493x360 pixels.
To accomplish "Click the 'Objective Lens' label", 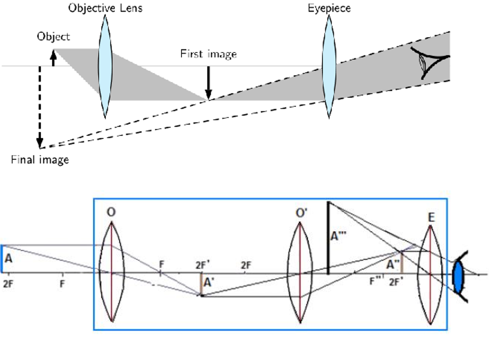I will coord(105,8).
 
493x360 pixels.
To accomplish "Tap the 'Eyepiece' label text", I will coord(329,8).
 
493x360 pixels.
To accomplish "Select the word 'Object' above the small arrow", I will coord(53,37).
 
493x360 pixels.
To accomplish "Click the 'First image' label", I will coord(208,53).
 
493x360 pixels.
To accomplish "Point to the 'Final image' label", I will coord(40,160).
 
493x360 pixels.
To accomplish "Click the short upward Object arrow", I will coord(53,58).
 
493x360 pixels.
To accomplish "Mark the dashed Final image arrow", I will coord(40,106).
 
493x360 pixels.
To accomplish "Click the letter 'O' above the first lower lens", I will coord(112,212).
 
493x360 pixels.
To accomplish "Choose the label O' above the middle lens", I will coord(301,212).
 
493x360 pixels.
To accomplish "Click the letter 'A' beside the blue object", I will coord(8,258).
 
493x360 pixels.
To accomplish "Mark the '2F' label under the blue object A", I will coord(8,284).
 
